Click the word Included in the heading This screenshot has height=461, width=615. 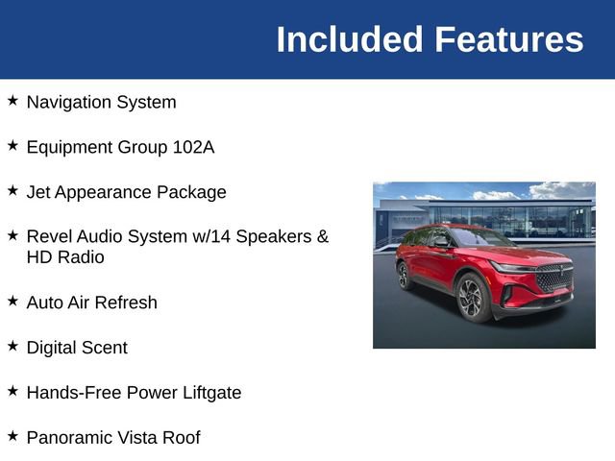pos(349,40)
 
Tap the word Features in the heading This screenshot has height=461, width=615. pos(508,40)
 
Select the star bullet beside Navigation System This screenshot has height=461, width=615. pos(12,100)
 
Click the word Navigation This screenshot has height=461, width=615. pos(68,102)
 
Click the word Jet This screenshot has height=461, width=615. pos(37,192)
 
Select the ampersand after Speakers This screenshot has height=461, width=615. pos(323,236)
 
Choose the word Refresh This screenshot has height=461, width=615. pos(125,303)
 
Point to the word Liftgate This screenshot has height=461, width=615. pos(208,393)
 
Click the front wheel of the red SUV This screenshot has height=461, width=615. pos(472,298)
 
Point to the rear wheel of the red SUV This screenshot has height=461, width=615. pos(405,276)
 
